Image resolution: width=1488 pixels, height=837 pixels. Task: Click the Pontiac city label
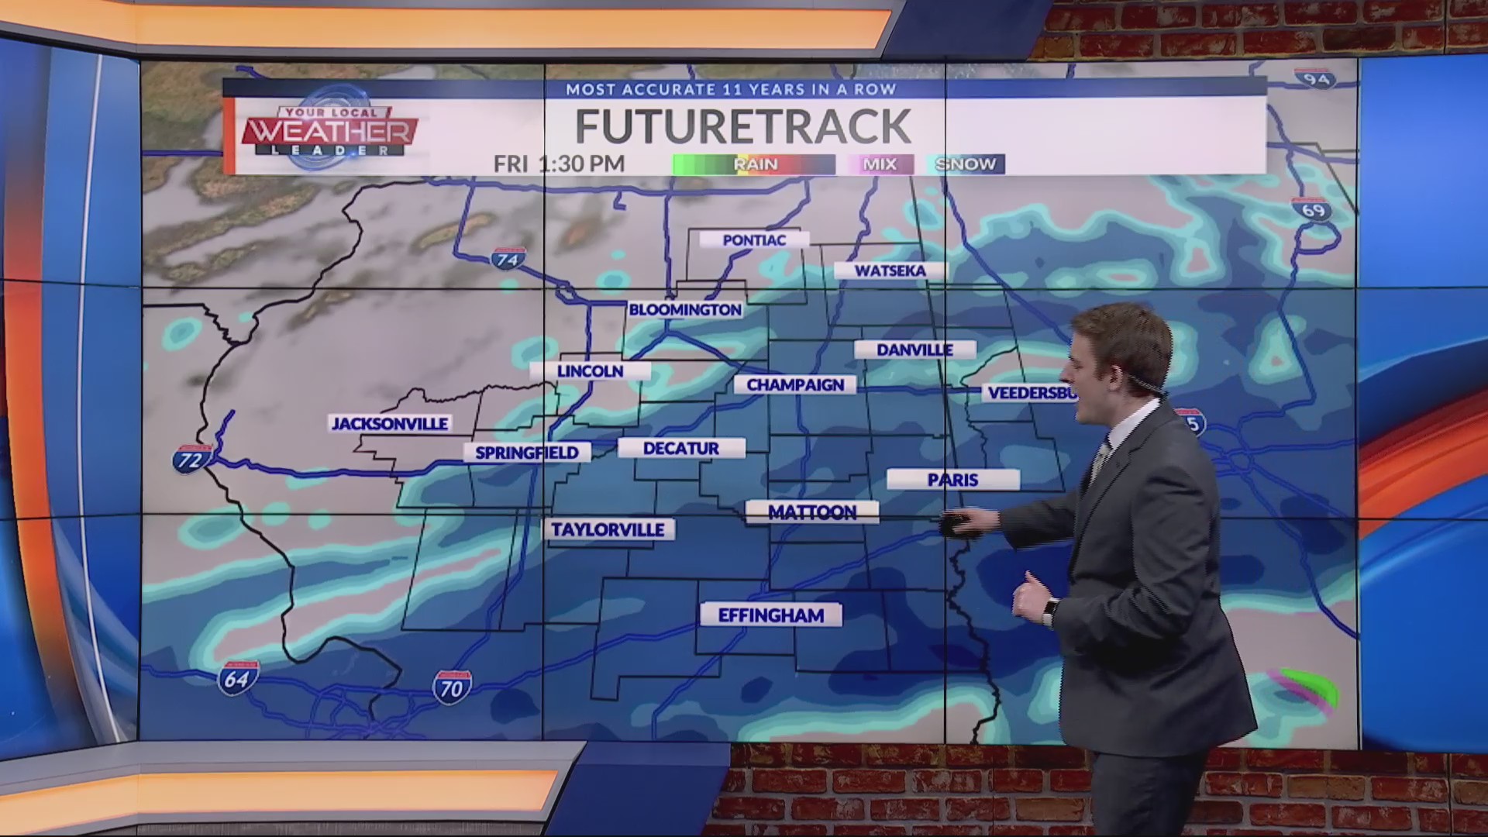coord(754,240)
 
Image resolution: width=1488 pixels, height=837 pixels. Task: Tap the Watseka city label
coord(890,270)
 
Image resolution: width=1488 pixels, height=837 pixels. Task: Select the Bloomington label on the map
coord(685,310)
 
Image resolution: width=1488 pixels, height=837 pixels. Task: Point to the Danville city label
coord(914,350)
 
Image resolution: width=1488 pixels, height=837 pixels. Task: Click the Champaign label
coord(795,384)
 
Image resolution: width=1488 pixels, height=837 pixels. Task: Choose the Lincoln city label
coord(590,371)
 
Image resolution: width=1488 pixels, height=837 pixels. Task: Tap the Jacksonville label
coord(390,423)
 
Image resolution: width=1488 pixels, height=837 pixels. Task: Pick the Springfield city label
coord(526,453)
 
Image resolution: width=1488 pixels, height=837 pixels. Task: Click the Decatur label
coord(680,448)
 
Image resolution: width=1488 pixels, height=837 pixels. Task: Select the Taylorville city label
coord(608,530)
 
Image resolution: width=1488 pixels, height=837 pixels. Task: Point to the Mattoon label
coord(811,512)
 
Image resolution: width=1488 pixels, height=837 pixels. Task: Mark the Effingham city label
coord(770,615)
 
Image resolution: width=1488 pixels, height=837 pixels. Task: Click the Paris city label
coord(952,480)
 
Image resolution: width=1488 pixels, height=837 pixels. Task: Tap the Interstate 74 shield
coord(508,259)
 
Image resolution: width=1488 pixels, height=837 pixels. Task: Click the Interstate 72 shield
coord(191,460)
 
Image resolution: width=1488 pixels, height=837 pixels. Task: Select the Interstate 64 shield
coord(236,679)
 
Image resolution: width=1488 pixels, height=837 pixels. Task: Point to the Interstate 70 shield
coord(452,687)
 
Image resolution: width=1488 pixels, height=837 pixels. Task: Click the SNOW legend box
coord(965,164)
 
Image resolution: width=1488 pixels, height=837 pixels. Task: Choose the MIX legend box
coord(880,164)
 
